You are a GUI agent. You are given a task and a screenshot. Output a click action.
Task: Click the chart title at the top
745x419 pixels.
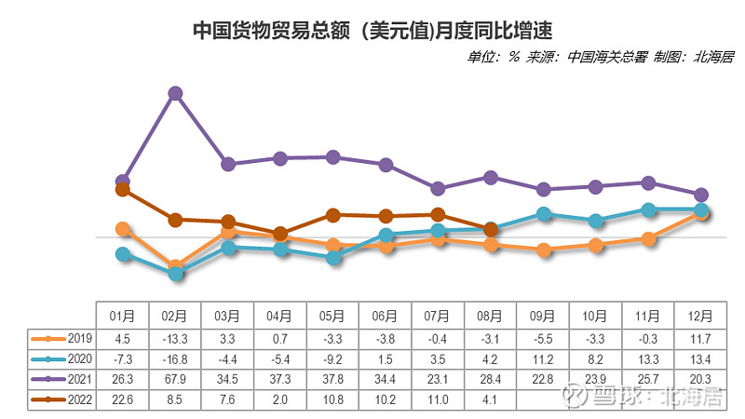(x=372, y=30)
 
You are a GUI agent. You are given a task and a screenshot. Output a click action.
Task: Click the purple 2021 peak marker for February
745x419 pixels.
(x=174, y=93)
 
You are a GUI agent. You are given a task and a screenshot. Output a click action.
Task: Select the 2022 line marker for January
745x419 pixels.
(x=122, y=189)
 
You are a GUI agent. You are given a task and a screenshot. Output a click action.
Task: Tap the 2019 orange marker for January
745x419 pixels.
(x=122, y=228)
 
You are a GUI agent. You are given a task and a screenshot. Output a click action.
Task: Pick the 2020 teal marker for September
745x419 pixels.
(x=543, y=214)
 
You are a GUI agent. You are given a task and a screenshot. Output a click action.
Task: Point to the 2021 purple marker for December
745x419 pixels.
(x=701, y=194)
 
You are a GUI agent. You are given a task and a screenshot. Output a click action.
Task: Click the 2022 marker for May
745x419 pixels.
(x=332, y=215)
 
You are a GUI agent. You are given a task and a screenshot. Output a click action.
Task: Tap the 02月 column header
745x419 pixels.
(x=174, y=316)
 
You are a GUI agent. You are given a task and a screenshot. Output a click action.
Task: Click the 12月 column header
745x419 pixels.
(x=700, y=316)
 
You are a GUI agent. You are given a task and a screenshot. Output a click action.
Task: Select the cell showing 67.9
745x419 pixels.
(x=174, y=378)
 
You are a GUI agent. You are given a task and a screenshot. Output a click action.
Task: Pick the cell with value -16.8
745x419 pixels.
(x=174, y=358)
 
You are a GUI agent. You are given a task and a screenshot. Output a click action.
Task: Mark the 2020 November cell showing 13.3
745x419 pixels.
(x=648, y=358)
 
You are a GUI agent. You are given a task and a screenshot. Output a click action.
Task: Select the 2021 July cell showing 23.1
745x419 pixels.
(x=438, y=378)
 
